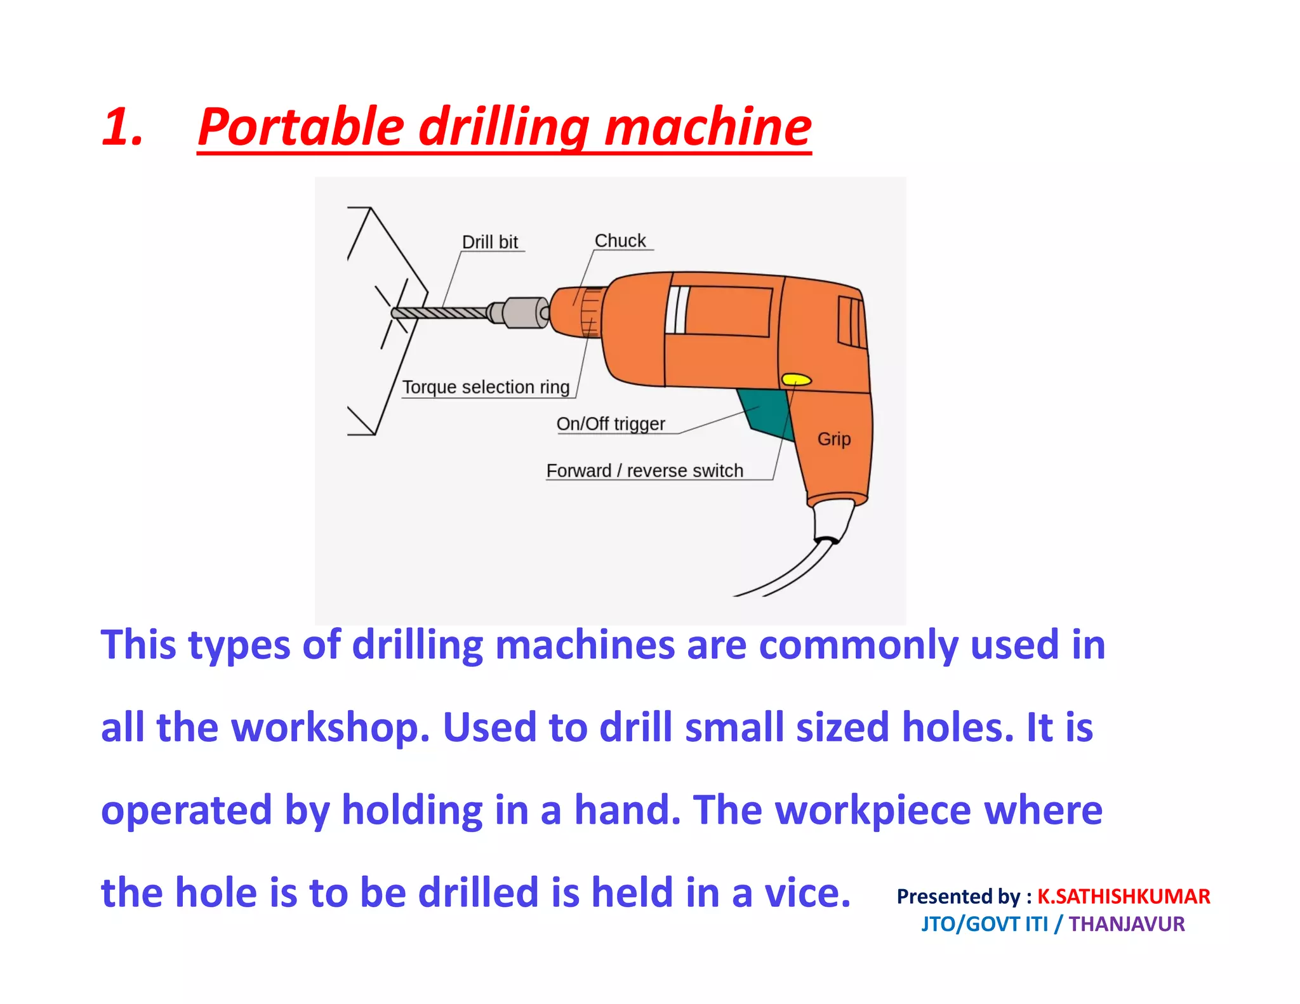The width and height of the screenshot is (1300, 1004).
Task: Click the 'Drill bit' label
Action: click(x=489, y=242)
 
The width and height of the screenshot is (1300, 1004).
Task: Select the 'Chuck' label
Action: click(x=620, y=241)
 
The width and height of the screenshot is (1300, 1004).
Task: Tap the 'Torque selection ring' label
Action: click(x=486, y=386)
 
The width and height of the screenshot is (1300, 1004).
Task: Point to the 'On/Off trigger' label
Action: click(x=610, y=423)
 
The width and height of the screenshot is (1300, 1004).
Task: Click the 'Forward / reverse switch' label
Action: click(x=644, y=470)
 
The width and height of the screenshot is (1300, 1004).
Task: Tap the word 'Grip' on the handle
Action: click(x=833, y=439)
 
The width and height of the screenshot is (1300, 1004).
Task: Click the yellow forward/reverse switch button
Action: click(x=796, y=380)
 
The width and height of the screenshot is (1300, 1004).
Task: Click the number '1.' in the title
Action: click(x=122, y=127)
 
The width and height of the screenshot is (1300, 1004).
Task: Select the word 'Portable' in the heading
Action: click(x=301, y=127)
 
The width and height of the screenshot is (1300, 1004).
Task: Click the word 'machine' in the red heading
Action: click(x=707, y=127)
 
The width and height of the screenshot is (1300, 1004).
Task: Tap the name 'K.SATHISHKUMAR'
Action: click(x=1123, y=896)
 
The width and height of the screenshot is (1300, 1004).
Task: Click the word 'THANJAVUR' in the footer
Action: click(x=1126, y=924)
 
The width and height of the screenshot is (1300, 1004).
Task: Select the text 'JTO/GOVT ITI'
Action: click(x=985, y=924)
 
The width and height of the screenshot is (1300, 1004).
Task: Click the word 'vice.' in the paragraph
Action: click(x=807, y=892)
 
